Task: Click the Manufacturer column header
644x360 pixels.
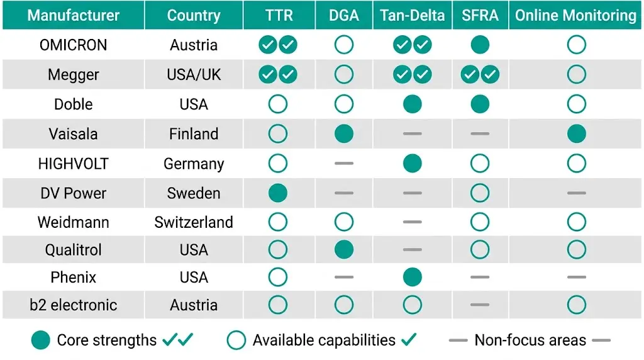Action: tap(73, 16)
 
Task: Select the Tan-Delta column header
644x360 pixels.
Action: tap(412, 16)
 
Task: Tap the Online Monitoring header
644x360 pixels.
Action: tap(575, 16)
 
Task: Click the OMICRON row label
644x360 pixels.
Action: tap(73, 45)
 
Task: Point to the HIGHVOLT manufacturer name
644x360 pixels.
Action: tap(73, 164)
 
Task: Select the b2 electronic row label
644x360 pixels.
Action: tap(73, 305)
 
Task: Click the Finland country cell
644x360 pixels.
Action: tap(194, 134)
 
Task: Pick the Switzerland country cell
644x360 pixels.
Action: tap(194, 222)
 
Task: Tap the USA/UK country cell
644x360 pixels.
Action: tap(194, 75)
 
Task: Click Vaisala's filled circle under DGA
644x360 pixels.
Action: tap(344, 133)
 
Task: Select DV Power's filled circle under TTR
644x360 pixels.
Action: tap(277, 193)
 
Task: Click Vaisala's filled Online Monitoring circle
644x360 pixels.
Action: tap(576, 133)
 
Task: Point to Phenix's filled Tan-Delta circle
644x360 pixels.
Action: tap(412, 276)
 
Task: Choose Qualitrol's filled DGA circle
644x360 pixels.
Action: tap(344, 250)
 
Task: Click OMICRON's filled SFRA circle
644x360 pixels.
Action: tap(480, 45)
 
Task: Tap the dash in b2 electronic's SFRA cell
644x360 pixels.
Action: tap(480, 305)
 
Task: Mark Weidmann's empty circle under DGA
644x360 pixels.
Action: tap(344, 222)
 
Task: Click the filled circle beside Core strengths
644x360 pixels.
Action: tap(41, 340)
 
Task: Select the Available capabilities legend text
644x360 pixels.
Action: tap(324, 340)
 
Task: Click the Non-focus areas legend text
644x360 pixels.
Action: tap(530, 340)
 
